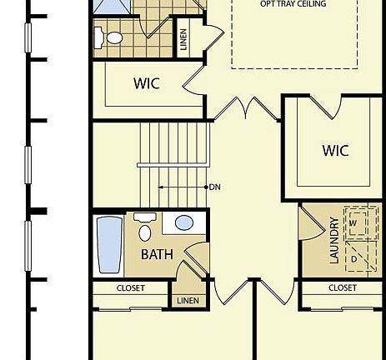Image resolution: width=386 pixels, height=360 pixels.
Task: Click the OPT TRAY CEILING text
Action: coord(293,4)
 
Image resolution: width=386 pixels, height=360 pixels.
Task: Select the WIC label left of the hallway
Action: coord(147,84)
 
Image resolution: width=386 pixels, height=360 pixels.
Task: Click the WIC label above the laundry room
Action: coord(335,151)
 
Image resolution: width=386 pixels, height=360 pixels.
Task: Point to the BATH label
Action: coord(157,254)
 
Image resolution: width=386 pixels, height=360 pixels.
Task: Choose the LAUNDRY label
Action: coord(334,240)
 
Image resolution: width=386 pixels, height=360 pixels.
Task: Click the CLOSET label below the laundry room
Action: coord(342,288)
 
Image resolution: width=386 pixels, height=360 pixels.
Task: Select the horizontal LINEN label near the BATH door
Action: coord(187,300)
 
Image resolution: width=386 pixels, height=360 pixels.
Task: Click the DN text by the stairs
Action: coord(214,187)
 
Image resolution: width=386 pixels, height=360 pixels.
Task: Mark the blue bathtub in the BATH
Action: coord(109,245)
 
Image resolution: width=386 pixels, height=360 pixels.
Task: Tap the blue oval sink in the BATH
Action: coord(183,223)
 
